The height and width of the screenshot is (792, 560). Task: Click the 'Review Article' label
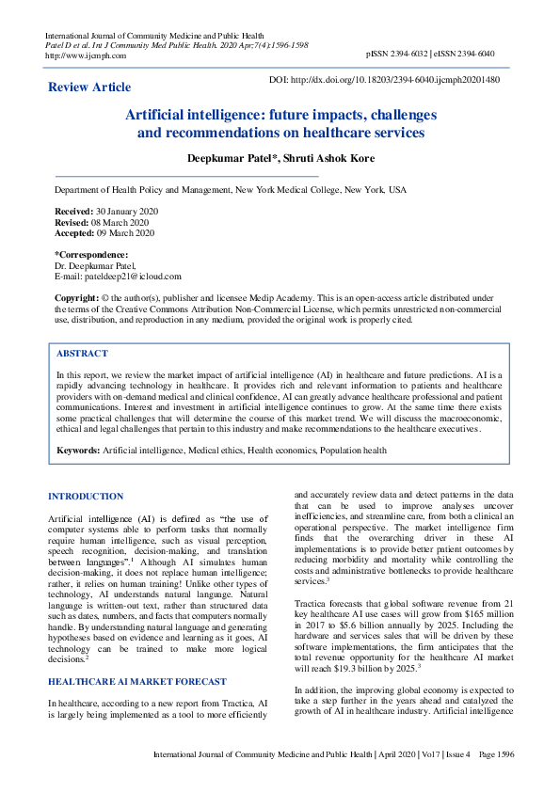point(89,87)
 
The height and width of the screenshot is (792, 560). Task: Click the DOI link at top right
point(384,81)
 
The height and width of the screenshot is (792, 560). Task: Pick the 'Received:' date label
point(73,213)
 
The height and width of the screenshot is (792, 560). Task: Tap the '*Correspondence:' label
point(91,255)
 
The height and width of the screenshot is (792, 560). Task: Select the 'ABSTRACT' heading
point(82,354)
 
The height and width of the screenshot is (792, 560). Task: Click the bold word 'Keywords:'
point(79,451)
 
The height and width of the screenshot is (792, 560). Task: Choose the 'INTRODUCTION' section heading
point(86,496)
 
